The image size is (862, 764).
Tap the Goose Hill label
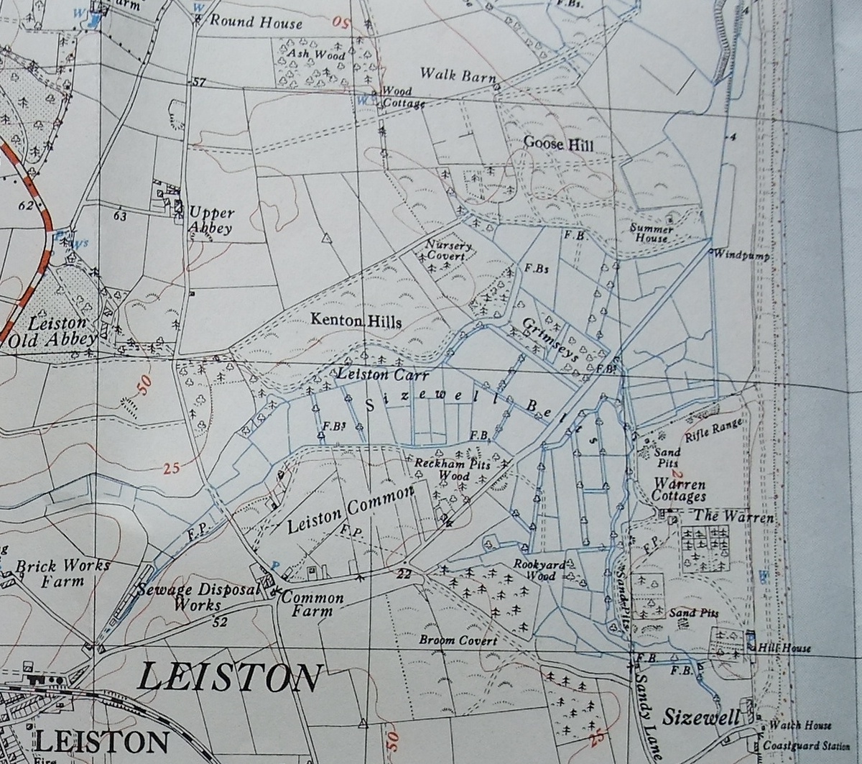tap(559, 144)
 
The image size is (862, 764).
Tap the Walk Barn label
tap(457, 74)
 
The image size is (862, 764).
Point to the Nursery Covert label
tap(449, 250)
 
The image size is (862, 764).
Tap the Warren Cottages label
tap(678, 490)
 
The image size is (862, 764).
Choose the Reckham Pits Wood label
tap(453, 470)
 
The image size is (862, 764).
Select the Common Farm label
tap(312, 604)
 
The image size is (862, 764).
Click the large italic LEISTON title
tap(228, 678)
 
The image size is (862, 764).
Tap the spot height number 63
tap(119, 215)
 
